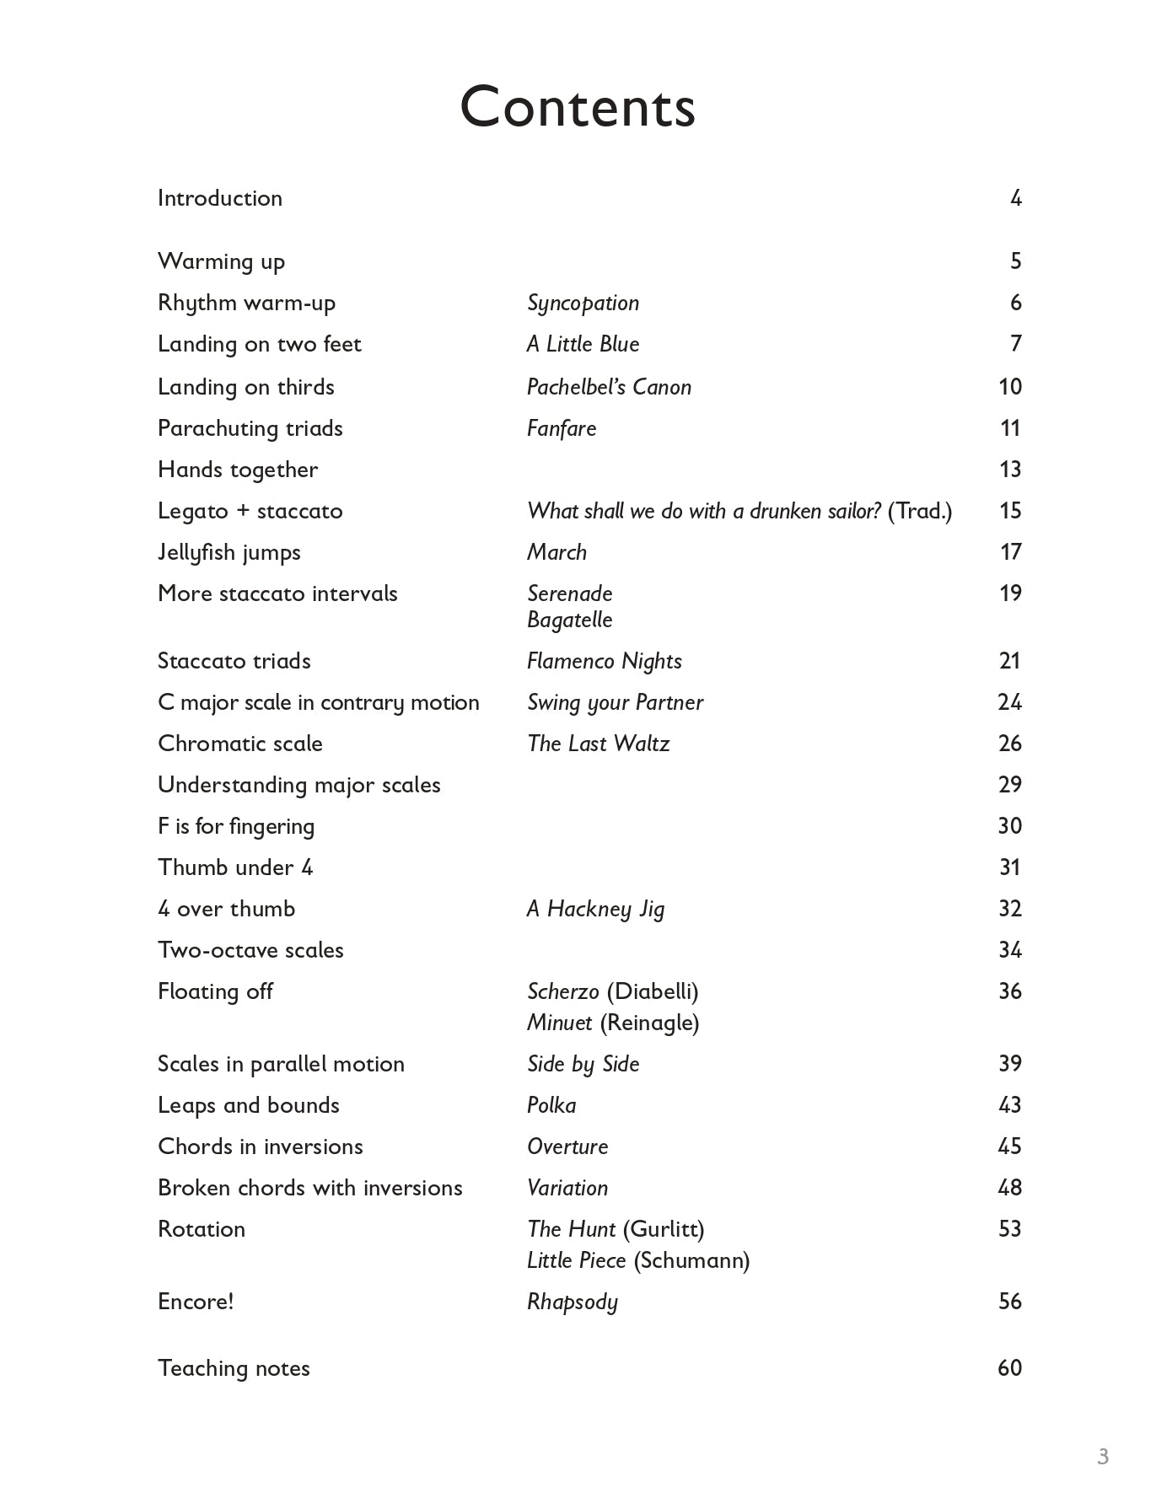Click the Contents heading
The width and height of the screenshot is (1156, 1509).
click(x=578, y=108)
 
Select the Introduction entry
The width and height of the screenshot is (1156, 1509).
click(x=220, y=198)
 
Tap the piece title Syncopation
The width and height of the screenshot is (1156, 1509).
click(x=583, y=303)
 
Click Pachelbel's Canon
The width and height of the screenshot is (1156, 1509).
click(x=609, y=387)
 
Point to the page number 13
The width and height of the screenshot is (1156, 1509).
click(x=1010, y=470)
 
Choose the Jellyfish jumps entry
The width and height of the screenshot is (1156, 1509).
click(x=229, y=552)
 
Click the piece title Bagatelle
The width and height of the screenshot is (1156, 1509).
click(x=569, y=620)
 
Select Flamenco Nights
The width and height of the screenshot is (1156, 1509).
click(x=604, y=661)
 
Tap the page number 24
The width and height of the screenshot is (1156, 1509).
click(x=1009, y=702)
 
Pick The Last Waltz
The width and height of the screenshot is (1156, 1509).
click(x=598, y=744)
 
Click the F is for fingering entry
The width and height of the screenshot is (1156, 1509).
click(x=236, y=826)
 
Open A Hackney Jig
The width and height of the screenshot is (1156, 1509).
click(x=595, y=909)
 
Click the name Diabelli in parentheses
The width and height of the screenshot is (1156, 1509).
click(x=653, y=991)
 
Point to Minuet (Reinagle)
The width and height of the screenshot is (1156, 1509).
click(x=613, y=1023)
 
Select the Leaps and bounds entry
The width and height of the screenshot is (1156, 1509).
click(x=249, y=1105)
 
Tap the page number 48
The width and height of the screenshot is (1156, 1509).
click(x=1009, y=1188)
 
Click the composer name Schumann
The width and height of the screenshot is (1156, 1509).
click(x=691, y=1260)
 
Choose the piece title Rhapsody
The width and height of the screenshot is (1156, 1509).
click(x=573, y=1302)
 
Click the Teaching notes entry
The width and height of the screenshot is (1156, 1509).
click(x=234, y=1368)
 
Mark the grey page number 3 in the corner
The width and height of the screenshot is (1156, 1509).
click(x=1103, y=1456)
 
